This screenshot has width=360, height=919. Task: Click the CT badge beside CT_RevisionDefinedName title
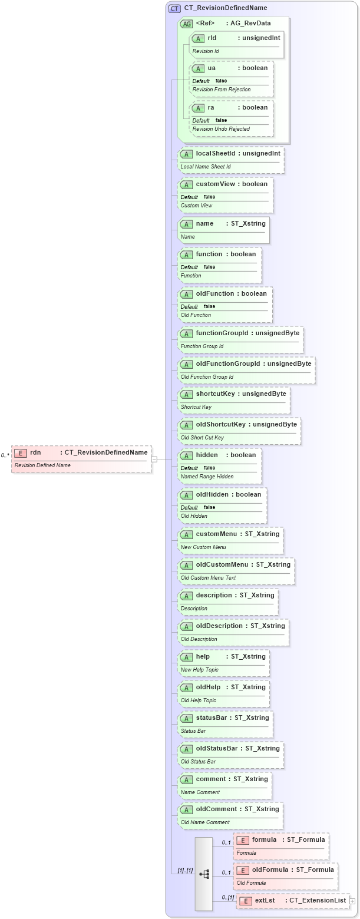coord(174,8)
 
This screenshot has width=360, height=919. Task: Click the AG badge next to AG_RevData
coord(186,24)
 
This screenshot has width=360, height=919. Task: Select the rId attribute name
coord(212,38)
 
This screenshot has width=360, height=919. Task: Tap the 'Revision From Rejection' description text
coord(221,90)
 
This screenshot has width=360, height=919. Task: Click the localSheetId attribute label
coord(216,153)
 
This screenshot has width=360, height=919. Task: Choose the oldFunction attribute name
coord(215,293)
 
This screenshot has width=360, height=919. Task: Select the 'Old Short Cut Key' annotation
coord(202,438)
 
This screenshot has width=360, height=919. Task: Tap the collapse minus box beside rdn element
coord(154,459)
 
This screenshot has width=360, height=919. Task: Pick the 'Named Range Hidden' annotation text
coord(207,476)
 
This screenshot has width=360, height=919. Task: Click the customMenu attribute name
coord(216,534)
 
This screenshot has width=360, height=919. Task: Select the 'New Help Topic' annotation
coord(199,670)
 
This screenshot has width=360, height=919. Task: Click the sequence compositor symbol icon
coord(204,874)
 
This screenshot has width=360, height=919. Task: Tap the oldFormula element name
coord(270,870)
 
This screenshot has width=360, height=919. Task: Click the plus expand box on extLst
coord(352,901)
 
